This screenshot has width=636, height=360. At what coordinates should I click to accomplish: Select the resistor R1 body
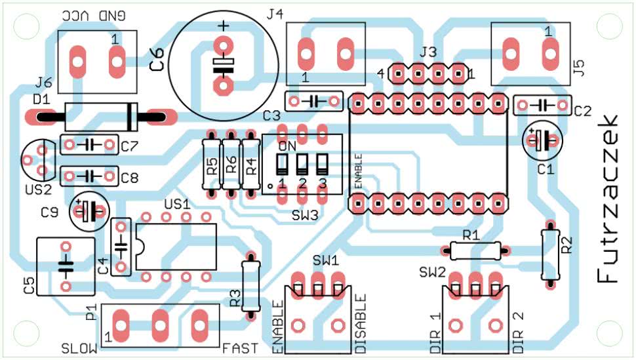click(475, 249)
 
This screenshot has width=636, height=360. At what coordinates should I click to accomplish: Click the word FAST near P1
click(240, 348)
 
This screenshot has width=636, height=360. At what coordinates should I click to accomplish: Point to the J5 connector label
click(578, 68)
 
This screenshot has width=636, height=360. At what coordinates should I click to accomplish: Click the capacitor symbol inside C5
click(65, 266)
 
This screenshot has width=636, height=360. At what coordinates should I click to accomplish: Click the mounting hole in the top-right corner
click(608, 27)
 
